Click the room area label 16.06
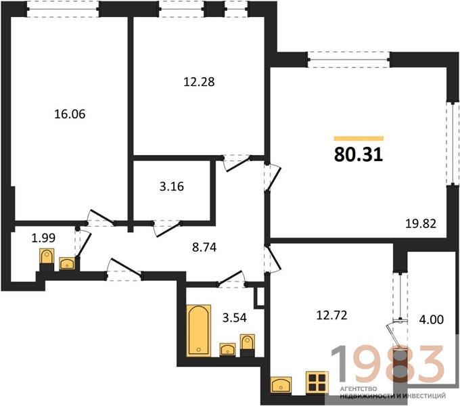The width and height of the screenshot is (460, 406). (x=70, y=114)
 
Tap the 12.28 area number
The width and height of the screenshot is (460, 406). (x=199, y=82)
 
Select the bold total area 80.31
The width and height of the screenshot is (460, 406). (x=359, y=154)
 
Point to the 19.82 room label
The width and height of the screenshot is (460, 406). (x=421, y=224)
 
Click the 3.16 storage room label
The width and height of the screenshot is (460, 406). (x=172, y=187)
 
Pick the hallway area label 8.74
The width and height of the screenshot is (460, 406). (x=204, y=248)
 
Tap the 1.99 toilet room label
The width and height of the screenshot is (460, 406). (x=43, y=238)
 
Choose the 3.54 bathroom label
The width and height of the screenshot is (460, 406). (x=235, y=318)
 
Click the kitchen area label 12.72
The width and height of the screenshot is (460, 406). (x=331, y=315)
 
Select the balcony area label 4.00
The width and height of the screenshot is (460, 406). (x=432, y=320)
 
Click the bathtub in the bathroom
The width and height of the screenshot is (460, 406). (x=199, y=331)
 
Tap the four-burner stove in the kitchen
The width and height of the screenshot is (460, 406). (x=317, y=382)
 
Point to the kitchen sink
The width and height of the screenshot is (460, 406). (x=281, y=384)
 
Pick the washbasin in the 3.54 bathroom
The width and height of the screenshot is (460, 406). (x=228, y=350)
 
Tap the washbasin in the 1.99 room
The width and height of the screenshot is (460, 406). (x=67, y=264)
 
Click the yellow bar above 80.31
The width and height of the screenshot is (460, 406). (x=359, y=139)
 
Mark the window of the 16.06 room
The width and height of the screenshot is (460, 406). (x=63, y=9)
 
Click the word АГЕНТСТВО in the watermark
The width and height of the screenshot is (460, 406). (x=359, y=388)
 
